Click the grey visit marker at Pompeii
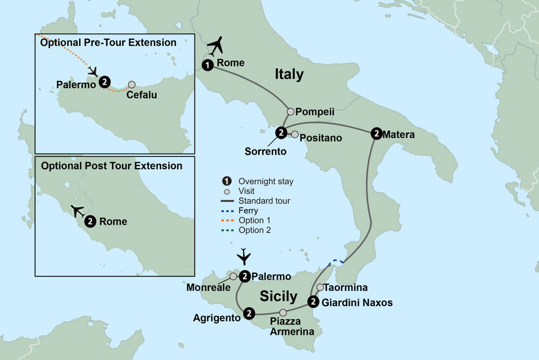(x=291, y=112)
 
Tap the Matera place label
(x=399, y=135)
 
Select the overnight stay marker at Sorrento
(x=280, y=133)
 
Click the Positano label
(x=321, y=138)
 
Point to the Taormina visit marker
(x=320, y=287)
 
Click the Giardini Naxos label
(x=357, y=302)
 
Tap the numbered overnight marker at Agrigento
(x=249, y=312)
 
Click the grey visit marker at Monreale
(x=233, y=276)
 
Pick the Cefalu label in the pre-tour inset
(x=142, y=95)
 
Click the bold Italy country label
(x=289, y=74)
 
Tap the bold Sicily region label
(x=278, y=296)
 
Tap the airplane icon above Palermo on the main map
(x=244, y=255)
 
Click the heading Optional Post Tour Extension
(x=112, y=165)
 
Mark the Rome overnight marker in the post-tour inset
(x=91, y=221)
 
